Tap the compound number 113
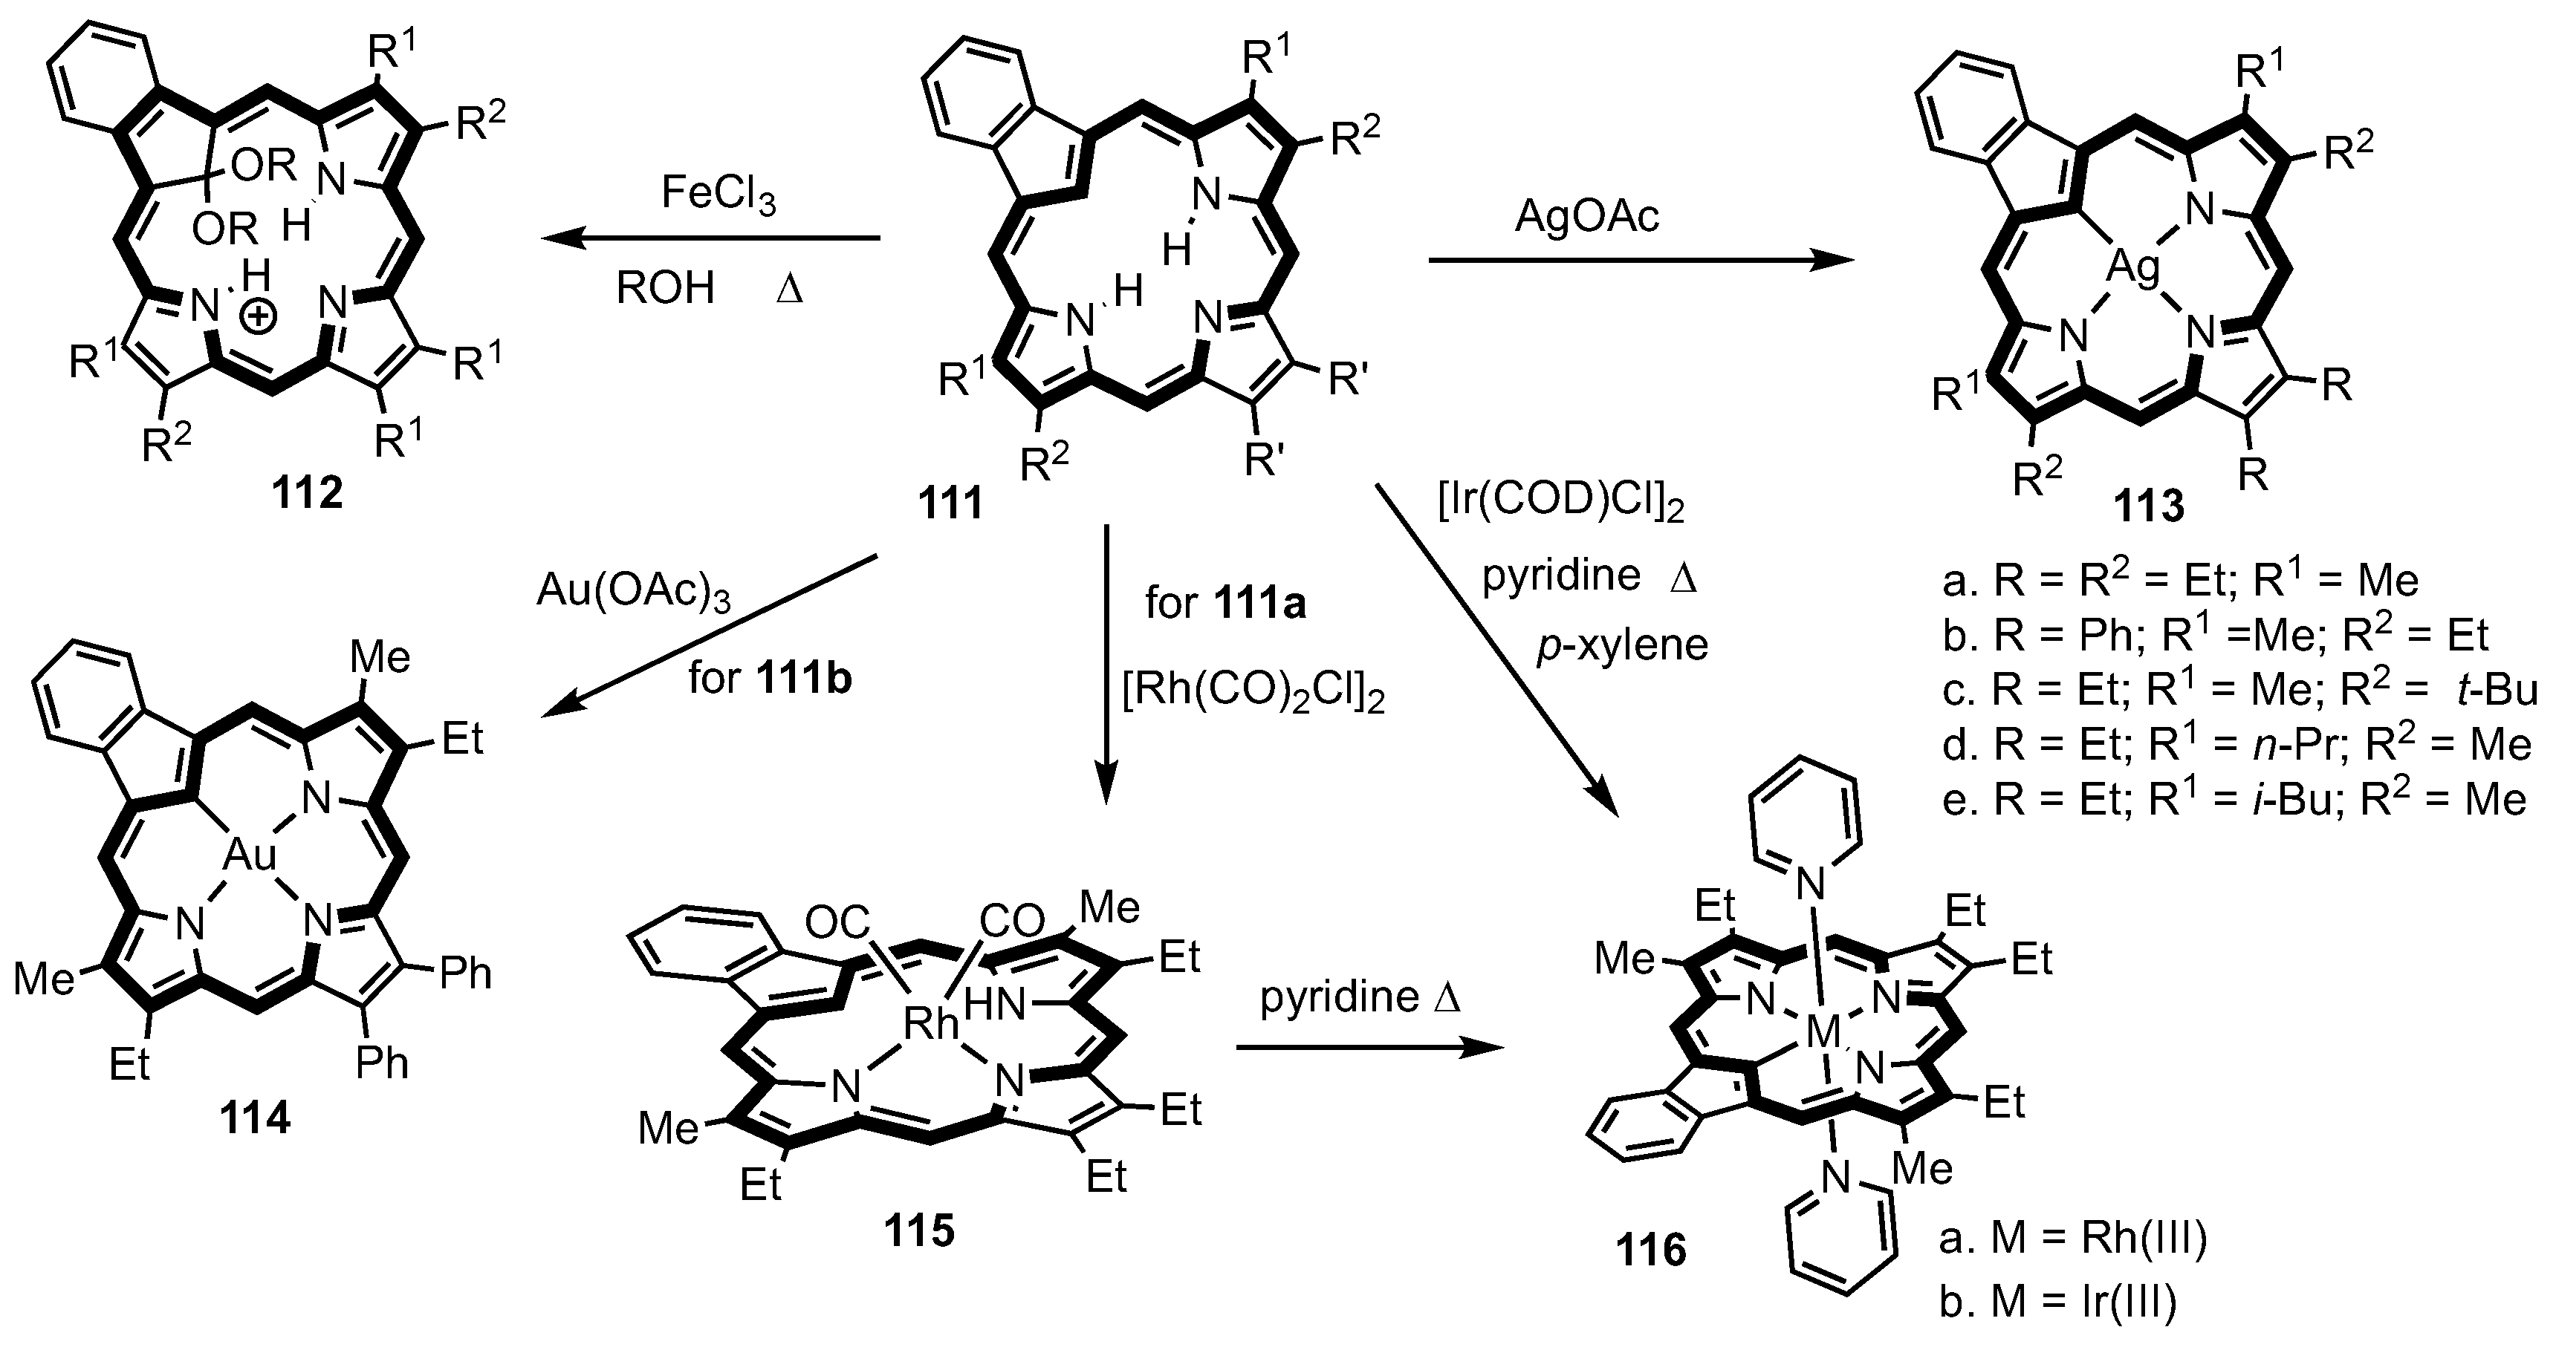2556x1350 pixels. pos(2148,507)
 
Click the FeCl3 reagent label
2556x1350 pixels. pos(719,195)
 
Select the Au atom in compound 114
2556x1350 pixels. pos(249,855)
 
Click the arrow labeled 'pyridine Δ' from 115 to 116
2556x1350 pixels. pos(1369,1049)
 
